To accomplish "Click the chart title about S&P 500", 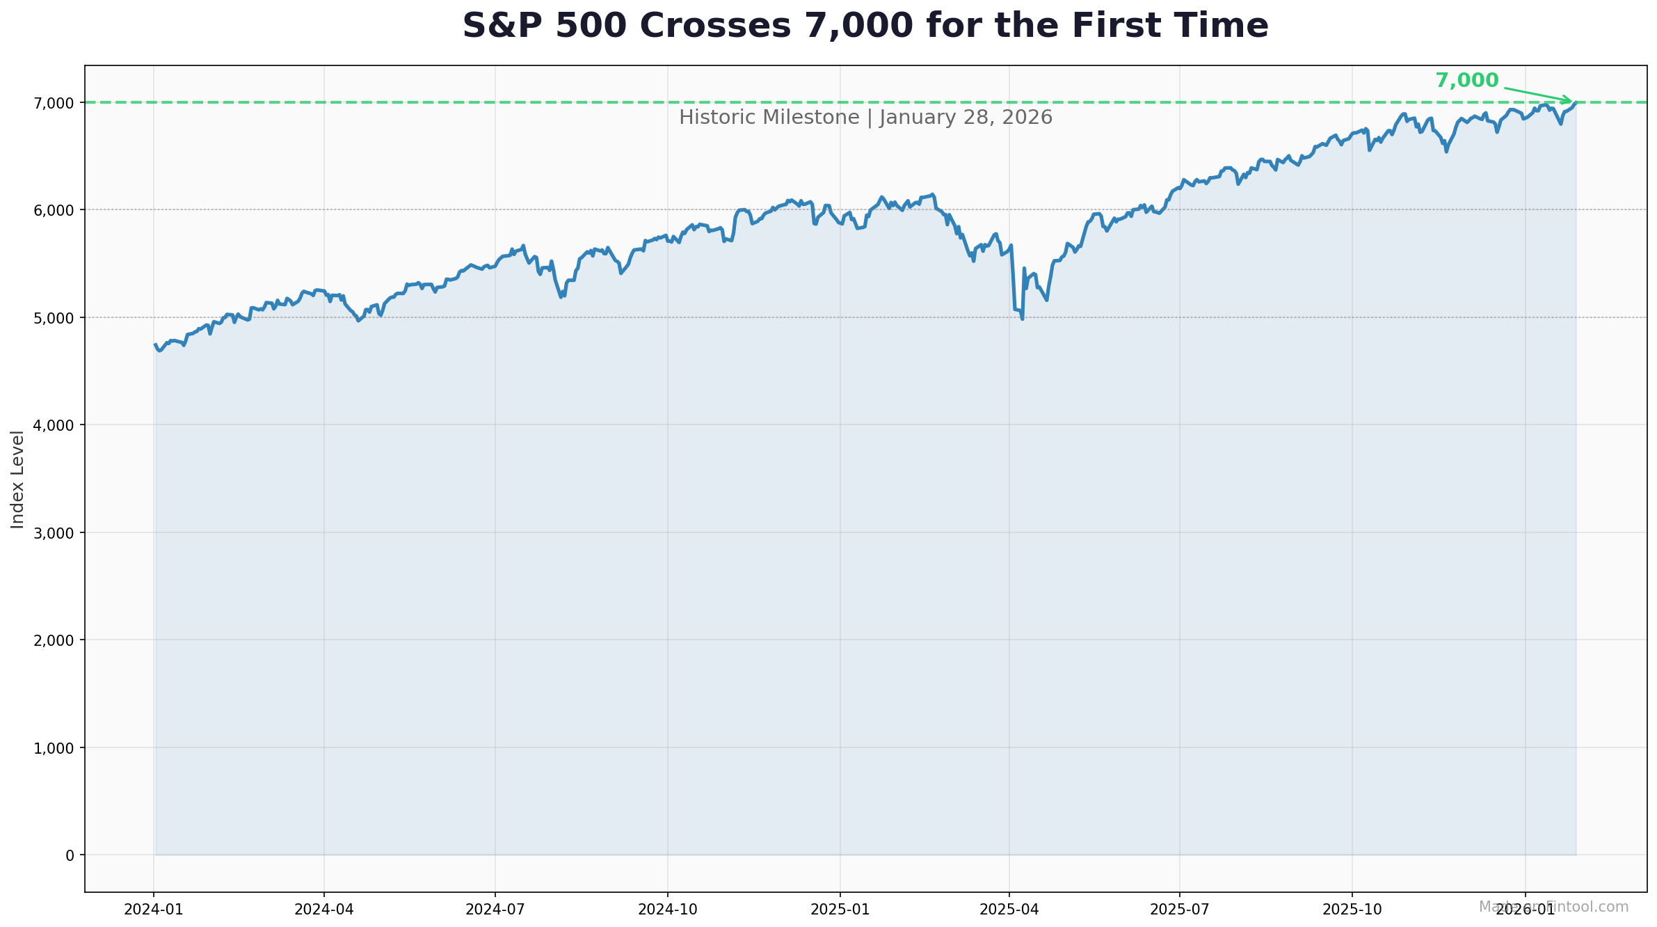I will pyautogui.click(x=865, y=26).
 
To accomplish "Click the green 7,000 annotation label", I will pyautogui.click(x=1466, y=81).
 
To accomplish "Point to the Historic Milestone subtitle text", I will pyautogui.click(x=865, y=118).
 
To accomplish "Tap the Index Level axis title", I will pyautogui.click(x=18, y=480).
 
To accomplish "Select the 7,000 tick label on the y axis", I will pyautogui.click(x=54, y=103).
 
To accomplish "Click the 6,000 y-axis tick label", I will pyautogui.click(x=54, y=210).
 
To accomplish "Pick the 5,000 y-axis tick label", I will pyautogui.click(x=54, y=318).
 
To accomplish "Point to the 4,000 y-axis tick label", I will pyautogui.click(x=54, y=425).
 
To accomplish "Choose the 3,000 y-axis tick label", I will pyautogui.click(x=54, y=533).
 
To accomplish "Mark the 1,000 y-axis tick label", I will pyautogui.click(x=54, y=748).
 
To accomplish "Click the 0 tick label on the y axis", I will pyautogui.click(x=70, y=855).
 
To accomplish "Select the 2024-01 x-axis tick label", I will pyautogui.click(x=153, y=909).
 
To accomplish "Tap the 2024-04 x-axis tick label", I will pyautogui.click(x=323, y=909).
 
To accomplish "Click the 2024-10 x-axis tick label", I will pyautogui.click(x=667, y=909).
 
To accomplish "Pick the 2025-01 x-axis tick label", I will pyautogui.click(x=840, y=909).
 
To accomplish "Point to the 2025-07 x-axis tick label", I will pyautogui.click(x=1179, y=909).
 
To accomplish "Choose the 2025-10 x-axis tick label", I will pyautogui.click(x=1352, y=909).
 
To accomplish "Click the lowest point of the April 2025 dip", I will pyautogui.click(x=1022, y=319).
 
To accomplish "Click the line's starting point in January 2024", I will pyautogui.click(x=155, y=344).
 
